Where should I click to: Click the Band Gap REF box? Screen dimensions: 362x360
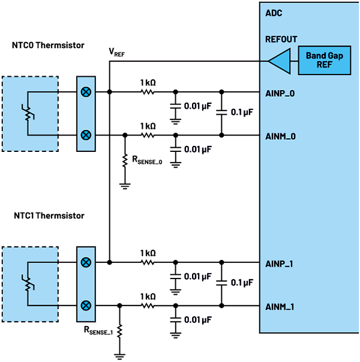point(324,59)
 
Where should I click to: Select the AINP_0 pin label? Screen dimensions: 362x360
point(280,93)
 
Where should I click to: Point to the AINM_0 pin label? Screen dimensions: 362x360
point(280,136)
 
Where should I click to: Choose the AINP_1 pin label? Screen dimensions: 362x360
point(279,264)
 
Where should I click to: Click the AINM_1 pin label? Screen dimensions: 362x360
point(279,307)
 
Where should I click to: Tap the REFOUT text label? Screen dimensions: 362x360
point(281,40)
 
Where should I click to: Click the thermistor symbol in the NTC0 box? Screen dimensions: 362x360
point(26,114)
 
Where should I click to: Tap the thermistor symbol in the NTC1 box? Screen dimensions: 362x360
point(26,284)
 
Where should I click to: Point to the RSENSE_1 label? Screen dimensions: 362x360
point(99,330)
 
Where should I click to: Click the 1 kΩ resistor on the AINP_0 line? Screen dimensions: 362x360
point(147,92)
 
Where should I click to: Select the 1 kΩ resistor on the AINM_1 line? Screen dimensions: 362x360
point(147,306)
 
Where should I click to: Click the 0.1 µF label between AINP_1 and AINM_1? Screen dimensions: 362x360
point(242,282)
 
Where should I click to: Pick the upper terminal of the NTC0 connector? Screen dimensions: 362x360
point(86,92)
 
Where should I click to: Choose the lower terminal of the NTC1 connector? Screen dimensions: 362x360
point(86,306)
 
